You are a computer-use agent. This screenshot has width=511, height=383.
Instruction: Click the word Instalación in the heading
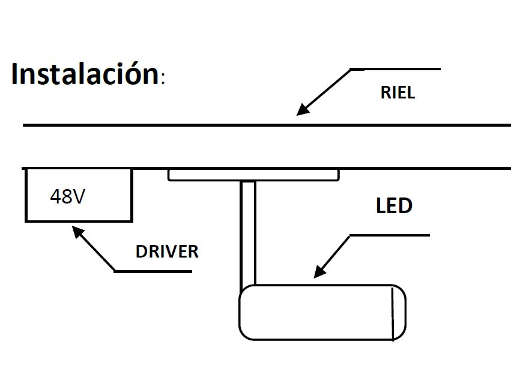[x=84, y=74]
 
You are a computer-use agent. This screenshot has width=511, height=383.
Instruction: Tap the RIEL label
[x=398, y=93]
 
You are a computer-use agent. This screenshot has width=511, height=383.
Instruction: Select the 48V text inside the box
[x=67, y=196]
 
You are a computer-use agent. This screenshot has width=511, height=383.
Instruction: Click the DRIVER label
[x=167, y=251]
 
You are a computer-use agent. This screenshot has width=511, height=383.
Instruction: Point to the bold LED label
[x=394, y=206]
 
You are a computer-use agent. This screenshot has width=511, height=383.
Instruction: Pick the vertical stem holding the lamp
[x=248, y=234]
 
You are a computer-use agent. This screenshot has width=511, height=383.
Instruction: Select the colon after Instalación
[x=162, y=80]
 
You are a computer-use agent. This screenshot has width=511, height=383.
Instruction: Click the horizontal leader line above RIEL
[x=396, y=69]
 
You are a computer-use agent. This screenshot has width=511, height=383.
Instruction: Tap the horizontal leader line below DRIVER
[x=153, y=271]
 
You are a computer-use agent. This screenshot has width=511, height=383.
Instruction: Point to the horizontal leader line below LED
[x=390, y=235]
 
